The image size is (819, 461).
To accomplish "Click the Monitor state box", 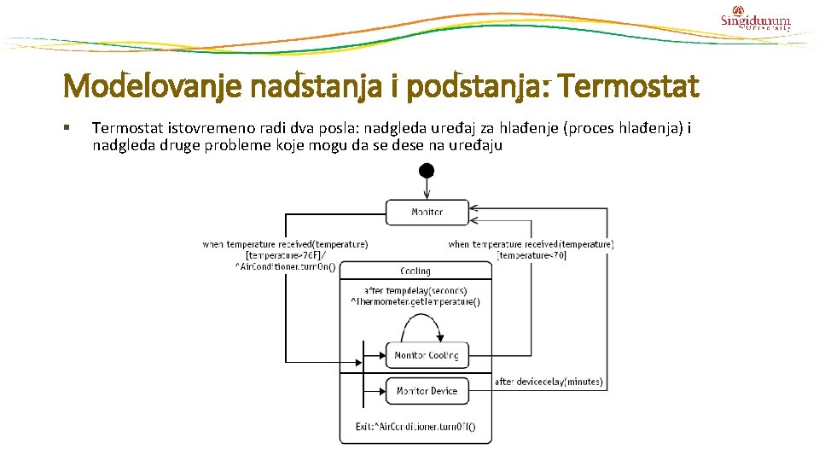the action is [427, 212].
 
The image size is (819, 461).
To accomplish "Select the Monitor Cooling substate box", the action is [426, 355].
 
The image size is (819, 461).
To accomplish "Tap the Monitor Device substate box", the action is [426, 391].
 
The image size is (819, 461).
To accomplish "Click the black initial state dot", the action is [426, 171].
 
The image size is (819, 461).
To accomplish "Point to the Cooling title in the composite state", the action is [415, 271].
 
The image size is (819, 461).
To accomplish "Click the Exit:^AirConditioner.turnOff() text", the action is [415, 426].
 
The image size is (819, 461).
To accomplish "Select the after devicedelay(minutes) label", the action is [549, 382].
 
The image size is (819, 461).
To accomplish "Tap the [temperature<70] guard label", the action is [532, 255].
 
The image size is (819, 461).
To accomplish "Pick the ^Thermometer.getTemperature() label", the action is [415, 301].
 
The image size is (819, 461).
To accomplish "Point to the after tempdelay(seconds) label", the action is [415, 290].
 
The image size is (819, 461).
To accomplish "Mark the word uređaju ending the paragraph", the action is [477, 145].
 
